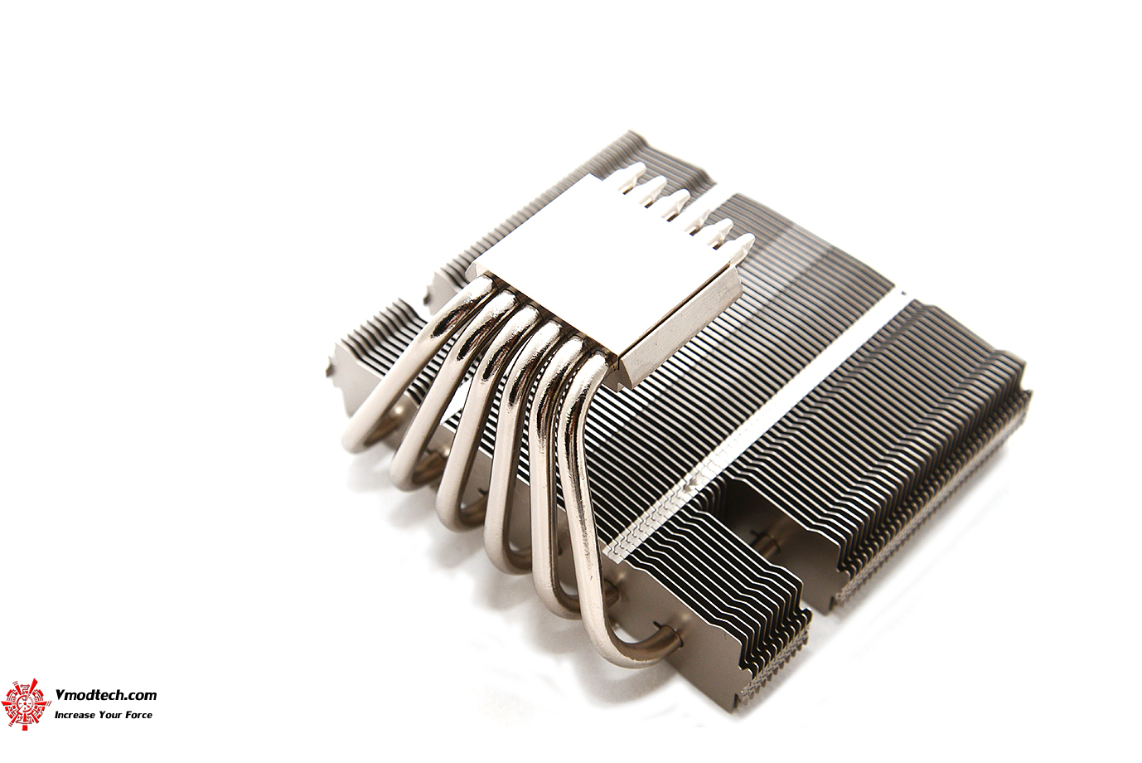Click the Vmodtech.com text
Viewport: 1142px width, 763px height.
tap(105, 696)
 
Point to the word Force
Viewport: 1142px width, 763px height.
tap(138, 715)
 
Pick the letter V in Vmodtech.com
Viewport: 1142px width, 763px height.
tap(59, 696)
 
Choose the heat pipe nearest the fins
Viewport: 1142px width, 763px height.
tap(580, 498)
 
